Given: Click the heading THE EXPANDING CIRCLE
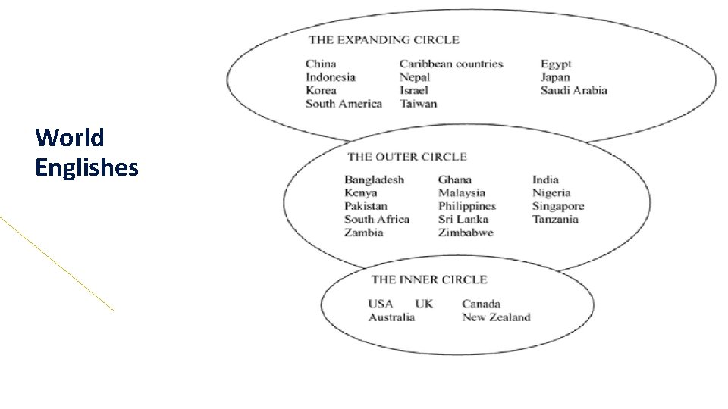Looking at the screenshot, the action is (x=384, y=39).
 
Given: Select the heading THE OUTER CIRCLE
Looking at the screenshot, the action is (x=407, y=157).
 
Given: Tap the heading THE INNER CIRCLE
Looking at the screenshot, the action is (x=429, y=279).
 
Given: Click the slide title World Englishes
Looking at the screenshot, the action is (x=86, y=152).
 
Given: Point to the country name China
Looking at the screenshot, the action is (x=321, y=64).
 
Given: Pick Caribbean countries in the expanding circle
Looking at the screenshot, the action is (x=451, y=64).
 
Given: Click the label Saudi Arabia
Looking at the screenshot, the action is (x=574, y=91).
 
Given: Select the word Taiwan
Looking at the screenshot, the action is (x=419, y=104).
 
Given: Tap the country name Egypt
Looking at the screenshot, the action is (x=556, y=64).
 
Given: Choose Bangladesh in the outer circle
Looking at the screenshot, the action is (x=374, y=180).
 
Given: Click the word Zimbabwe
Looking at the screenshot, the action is (x=466, y=233).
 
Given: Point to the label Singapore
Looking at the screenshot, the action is (x=558, y=206).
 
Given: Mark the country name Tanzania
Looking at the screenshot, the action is (x=555, y=220).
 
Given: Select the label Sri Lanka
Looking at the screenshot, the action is (x=463, y=220).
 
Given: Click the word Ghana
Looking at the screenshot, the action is (x=455, y=180).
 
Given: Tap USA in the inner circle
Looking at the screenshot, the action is (x=381, y=304).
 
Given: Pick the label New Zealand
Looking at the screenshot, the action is (x=496, y=317).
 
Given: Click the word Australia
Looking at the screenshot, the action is (x=391, y=317).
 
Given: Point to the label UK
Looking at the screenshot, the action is (x=424, y=304).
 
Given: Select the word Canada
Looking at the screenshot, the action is (x=481, y=304).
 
